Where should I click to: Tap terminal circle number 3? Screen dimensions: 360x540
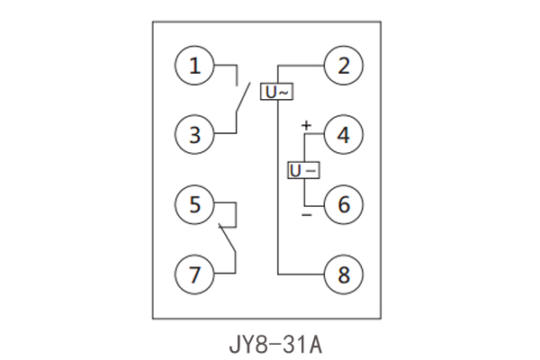[x=195, y=135]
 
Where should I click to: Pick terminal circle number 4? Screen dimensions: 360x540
[x=343, y=135]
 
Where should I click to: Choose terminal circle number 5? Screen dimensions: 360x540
[x=195, y=204]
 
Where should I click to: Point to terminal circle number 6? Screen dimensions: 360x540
[x=343, y=204]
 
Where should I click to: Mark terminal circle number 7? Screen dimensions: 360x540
[x=195, y=273]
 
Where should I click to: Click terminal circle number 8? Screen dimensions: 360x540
[x=343, y=273]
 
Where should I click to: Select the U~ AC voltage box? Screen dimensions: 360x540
[x=276, y=92]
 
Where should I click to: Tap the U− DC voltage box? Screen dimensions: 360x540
[x=303, y=170]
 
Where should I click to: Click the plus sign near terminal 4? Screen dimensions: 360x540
[x=305, y=124]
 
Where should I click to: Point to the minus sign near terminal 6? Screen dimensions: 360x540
[x=305, y=216]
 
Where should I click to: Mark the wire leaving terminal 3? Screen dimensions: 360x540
[x=225, y=135]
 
